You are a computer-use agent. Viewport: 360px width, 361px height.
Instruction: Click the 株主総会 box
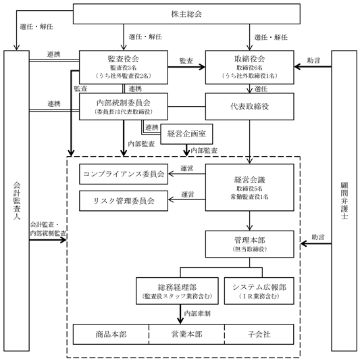click(186, 14)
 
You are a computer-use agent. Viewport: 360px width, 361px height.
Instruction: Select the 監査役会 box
click(124, 67)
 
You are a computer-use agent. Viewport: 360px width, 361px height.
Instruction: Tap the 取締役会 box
click(250, 67)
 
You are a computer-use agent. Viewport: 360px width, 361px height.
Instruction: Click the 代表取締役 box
click(250, 107)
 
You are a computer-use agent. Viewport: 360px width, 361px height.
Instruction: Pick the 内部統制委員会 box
click(124, 107)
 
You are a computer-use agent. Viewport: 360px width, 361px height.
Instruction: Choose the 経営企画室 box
click(186, 134)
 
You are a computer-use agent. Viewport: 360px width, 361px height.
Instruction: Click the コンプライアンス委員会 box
click(124, 174)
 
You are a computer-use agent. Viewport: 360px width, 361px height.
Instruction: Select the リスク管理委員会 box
click(124, 201)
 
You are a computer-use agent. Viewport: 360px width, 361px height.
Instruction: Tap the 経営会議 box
click(250, 187)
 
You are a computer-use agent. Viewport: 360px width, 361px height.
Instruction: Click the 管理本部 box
click(250, 244)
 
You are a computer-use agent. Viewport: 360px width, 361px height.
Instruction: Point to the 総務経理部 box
click(177, 291)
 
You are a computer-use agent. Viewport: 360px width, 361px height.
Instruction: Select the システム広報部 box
click(259, 291)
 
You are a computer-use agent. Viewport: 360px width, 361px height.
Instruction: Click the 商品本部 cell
click(111, 334)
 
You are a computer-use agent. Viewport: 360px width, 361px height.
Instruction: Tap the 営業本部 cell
click(186, 334)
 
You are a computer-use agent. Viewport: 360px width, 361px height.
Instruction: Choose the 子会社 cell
click(259, 334)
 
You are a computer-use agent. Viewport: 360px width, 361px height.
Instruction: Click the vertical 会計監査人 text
click(17, 201)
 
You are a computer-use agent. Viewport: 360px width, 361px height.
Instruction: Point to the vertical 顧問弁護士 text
click(344, 201)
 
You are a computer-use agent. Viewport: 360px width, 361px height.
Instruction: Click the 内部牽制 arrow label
click(197, 314)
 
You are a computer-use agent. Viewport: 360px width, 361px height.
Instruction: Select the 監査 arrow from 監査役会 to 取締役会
click(186, 67)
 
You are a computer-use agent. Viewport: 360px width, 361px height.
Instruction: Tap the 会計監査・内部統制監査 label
click(48, 229)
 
